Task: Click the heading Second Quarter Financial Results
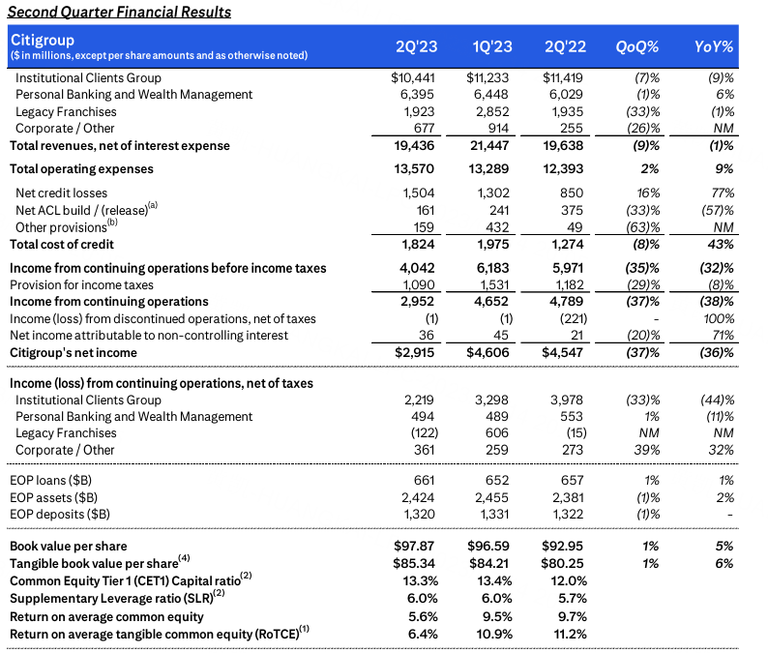[121, 12]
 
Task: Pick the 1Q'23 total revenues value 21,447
[487, 146]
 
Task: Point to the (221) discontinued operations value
[564, 319]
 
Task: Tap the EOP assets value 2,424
[423, 497]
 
